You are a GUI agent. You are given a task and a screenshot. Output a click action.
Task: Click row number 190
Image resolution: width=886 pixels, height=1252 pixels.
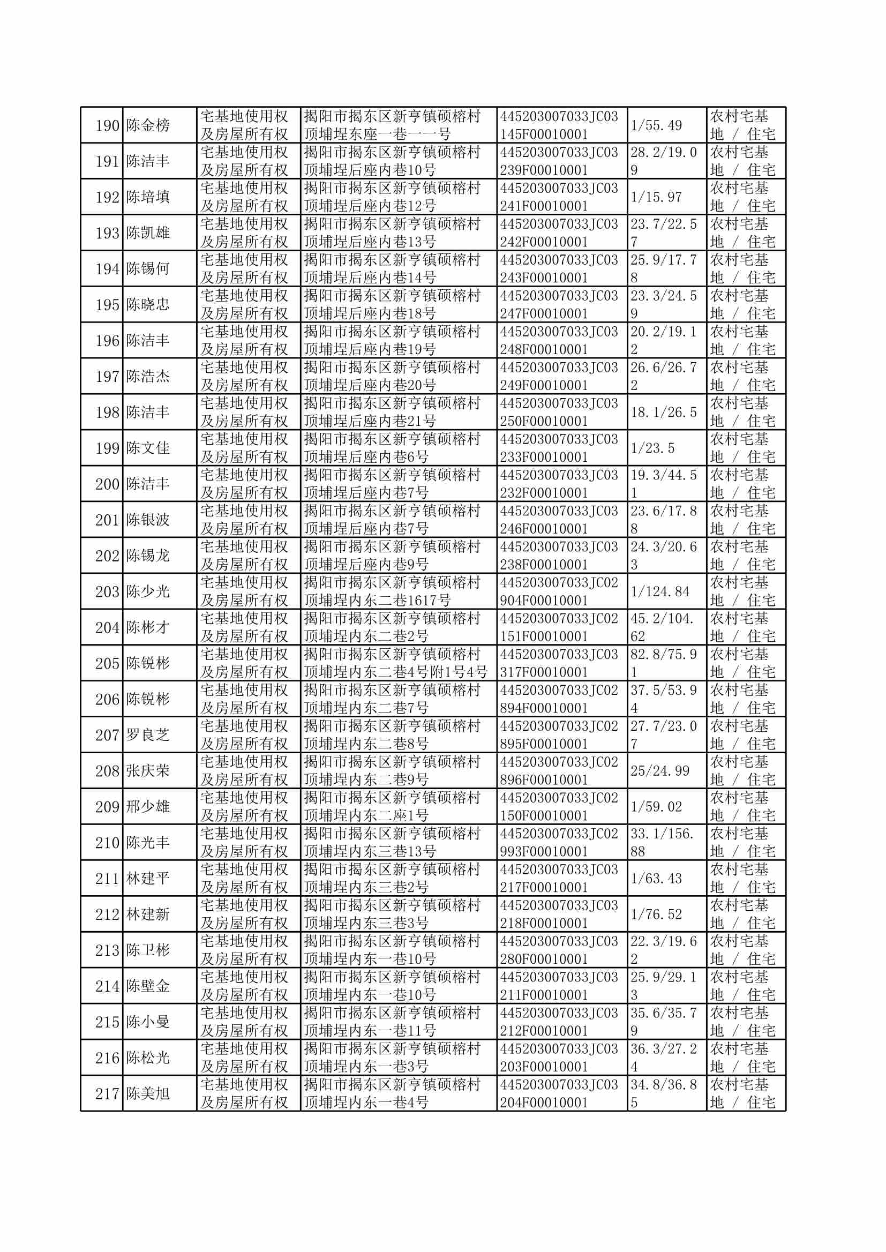107,125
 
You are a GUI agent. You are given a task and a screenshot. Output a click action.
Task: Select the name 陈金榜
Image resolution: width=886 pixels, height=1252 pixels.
148,125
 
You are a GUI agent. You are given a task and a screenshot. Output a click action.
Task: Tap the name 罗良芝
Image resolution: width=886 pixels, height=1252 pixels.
148,735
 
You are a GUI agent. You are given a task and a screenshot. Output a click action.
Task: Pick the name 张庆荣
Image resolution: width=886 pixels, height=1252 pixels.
148,771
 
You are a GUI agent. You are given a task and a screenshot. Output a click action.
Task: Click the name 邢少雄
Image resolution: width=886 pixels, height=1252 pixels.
148,807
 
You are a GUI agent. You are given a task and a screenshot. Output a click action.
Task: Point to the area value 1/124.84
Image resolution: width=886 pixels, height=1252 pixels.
660,592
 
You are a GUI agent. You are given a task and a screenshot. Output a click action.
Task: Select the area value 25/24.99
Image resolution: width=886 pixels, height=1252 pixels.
660,771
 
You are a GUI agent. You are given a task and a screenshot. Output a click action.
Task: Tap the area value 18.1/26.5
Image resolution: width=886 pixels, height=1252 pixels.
663,413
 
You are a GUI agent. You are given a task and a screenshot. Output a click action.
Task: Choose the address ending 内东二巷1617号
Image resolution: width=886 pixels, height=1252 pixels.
378,601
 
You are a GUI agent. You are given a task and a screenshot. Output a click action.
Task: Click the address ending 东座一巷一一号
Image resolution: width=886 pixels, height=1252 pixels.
378,134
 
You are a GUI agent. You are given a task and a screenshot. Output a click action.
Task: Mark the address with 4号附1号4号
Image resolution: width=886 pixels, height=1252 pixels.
395,672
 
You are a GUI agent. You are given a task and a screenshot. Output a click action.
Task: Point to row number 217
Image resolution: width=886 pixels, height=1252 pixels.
107,1094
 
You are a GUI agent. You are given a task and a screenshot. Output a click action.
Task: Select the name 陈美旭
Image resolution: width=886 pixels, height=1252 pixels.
148,1094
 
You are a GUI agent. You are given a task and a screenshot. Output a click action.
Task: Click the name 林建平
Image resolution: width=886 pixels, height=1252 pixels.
148,878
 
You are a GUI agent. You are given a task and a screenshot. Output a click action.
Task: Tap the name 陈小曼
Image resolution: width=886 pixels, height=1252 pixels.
148,1022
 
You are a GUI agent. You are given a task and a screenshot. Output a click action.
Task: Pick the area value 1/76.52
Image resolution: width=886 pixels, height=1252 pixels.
656,914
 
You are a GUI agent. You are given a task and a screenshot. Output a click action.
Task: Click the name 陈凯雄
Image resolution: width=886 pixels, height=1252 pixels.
148,233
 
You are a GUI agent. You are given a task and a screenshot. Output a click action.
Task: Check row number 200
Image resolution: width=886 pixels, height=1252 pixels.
107,484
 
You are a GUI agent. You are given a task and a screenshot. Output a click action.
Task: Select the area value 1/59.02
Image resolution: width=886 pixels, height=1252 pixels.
656,807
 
